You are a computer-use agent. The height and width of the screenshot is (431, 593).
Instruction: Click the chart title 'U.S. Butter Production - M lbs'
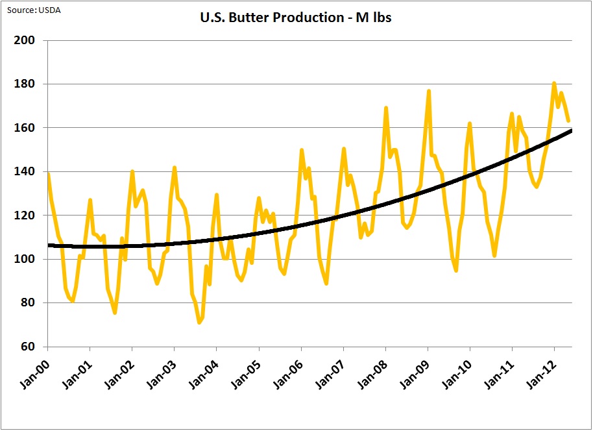pyautogui.click(x=295, y=18)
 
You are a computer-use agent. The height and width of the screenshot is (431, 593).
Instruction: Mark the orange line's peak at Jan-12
pyautogui.click(x=554, y=83)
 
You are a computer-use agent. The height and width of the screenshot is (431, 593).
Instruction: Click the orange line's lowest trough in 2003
pyautogui.click(x=199, y=322)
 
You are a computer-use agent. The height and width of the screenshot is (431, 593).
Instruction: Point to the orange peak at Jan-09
pyautogui.click(x=429, y=91)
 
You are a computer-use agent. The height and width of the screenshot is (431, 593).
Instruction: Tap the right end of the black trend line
pyautogui.click(x=571, y=131)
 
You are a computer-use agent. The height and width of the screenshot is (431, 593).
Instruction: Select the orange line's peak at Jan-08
pyautogui.click(x=386, y=108)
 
